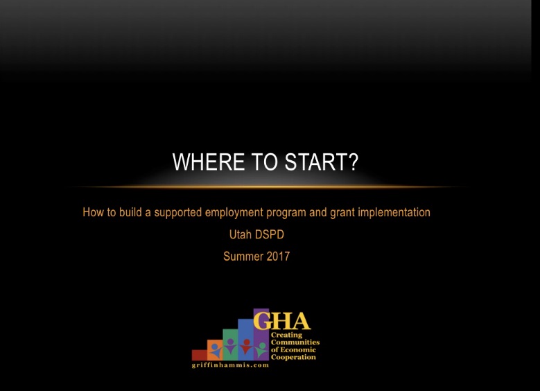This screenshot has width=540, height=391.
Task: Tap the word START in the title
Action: pyautogui.click(x=317, y=162)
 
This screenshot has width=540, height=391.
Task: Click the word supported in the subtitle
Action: pyautogui.click(x=177, y=213)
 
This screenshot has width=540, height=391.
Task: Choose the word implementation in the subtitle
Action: pyautogui.click(x=394, y=213)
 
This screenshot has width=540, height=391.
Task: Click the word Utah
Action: pyautogui.click(x=241, y=234)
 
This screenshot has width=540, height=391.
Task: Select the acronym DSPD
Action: pyautogui.click(x=270, y=234)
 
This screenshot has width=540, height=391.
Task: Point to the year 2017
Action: pyautogui.click(x=278, y=257)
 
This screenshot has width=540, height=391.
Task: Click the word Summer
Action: pyautogui.click(x=243, y=257)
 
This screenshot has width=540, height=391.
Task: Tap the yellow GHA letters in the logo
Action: pyautogui.click(x=282, y=321)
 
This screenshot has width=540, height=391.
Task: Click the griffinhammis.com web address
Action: pyautogui.click(x=230, y=365)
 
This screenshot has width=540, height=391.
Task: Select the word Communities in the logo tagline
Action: pyautogui.click(x=295, y=342)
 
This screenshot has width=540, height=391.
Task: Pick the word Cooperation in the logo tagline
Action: pyautogui.click(x=293, y=357)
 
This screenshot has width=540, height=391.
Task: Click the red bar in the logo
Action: pyautogui.click(x=200, y=355)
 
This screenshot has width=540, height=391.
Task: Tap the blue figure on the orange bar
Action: pyautogui.click(x=216, y=350)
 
